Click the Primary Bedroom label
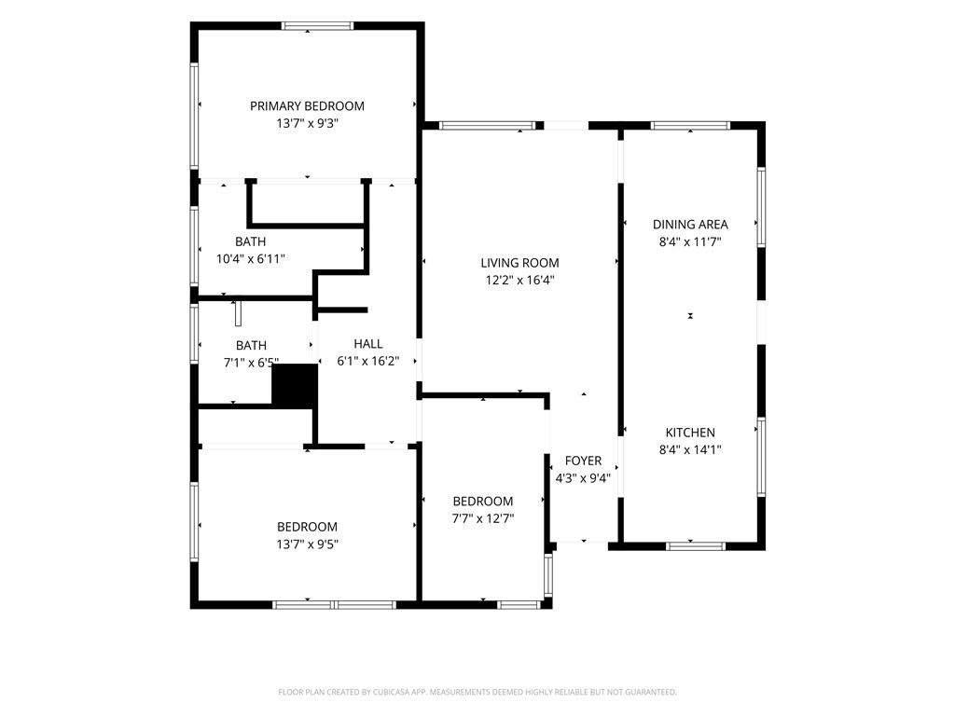pyautogui.click(x=307, y=106)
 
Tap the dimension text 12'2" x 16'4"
pyautogui.click(x=519, y=281)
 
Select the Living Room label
pyautogui.click(x=519, y=263)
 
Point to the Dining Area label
pyautogui.click(x=690, y=224)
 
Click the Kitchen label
pyautogui.click(x=690, y=433)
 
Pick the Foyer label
pyautogui.click(x=583, y=461)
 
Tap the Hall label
pyautogui.click(x=367, y=343)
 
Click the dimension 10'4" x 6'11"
pyautogui.click(x=250, y=259)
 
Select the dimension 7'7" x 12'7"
pyautogui.click(x=483, y=518)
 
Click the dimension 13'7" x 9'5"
pyautogui.click(x=307, y=544)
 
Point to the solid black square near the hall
pyautogui.click(x=295, y=385)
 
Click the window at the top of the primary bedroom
pyautogui.click(x=317, y=25)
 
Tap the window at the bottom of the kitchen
pyautogui.click(x=696, y=546)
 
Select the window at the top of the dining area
pyautogui.click(x=690, y=126)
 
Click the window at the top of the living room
pyautogui.click(x=487, y=126)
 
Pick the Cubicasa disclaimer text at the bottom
pyautogui.click(x=477, y=692)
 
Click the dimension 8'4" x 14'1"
pyautogui.click(x=690, y=450)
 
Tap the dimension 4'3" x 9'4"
pyautogui.click(x=583, y=478)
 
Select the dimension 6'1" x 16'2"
pyautogui.click(x=367, y=361)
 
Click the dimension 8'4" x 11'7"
pyautogui.click(x=690, y=241)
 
